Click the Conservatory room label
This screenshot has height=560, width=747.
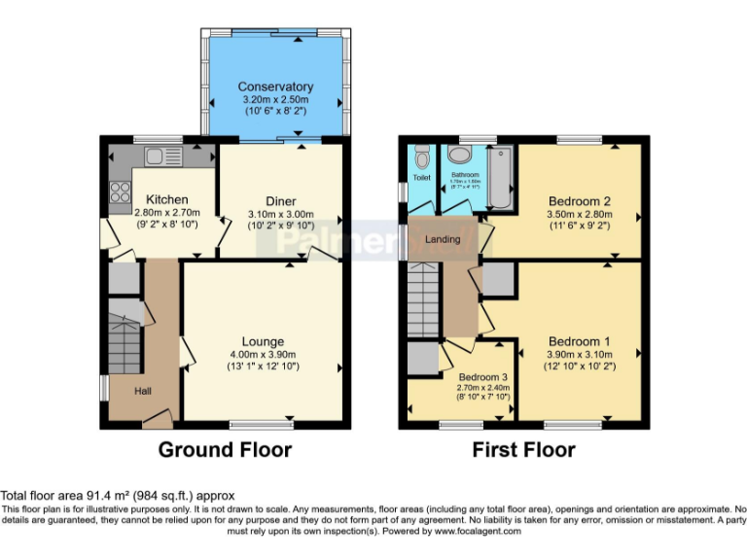pyautogui.click(x=275, y=87)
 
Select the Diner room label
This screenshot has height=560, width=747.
pyautogui.click(x=281, y=201)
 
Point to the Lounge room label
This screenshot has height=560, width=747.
pyautogui.click(x=263, y=341)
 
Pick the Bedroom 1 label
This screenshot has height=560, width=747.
pyautogui.click(x=579, y=341)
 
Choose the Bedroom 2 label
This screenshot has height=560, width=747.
pyautogui.click(x=579, y=200)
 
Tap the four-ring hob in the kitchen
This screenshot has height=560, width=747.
pyautogui.click(x=121, y=192)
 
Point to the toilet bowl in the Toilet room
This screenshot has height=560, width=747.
pyautogui.click(x=421, y=157)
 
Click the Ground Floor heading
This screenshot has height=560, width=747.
pyautogui.click(x=225, y=450)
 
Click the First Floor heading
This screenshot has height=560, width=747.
pyautogui.click(x=523, y=450)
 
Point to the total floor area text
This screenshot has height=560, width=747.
pyautogui.click(x=118, y=496)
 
